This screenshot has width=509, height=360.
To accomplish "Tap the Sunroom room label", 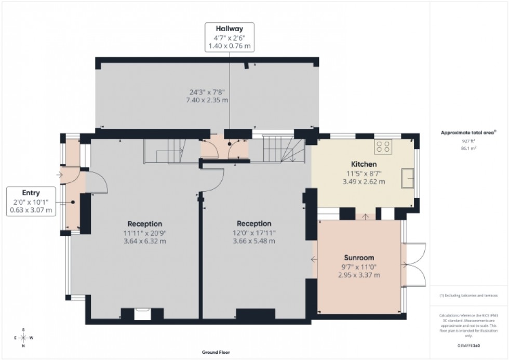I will click(x=359, y=258).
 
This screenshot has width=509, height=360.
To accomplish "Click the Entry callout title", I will click(x=31, y=192).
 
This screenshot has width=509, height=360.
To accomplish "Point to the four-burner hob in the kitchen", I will click(x=384, y=146).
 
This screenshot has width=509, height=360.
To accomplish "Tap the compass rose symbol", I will click(x=23, y=338).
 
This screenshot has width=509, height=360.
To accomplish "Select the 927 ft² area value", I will click(x=469, y=141).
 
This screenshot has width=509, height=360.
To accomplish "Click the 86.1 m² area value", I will click(x=469, y=148).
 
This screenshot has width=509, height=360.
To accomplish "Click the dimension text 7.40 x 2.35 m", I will click(x=207, y=100).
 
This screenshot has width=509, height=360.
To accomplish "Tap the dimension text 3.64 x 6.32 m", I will click(x=143, y=241).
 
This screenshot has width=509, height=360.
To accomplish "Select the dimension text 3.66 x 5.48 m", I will click(x=254, y=241).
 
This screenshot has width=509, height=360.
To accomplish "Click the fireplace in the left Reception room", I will click(x=142, y=313).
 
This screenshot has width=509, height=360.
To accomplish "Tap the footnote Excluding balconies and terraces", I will click(x=469, y=296).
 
